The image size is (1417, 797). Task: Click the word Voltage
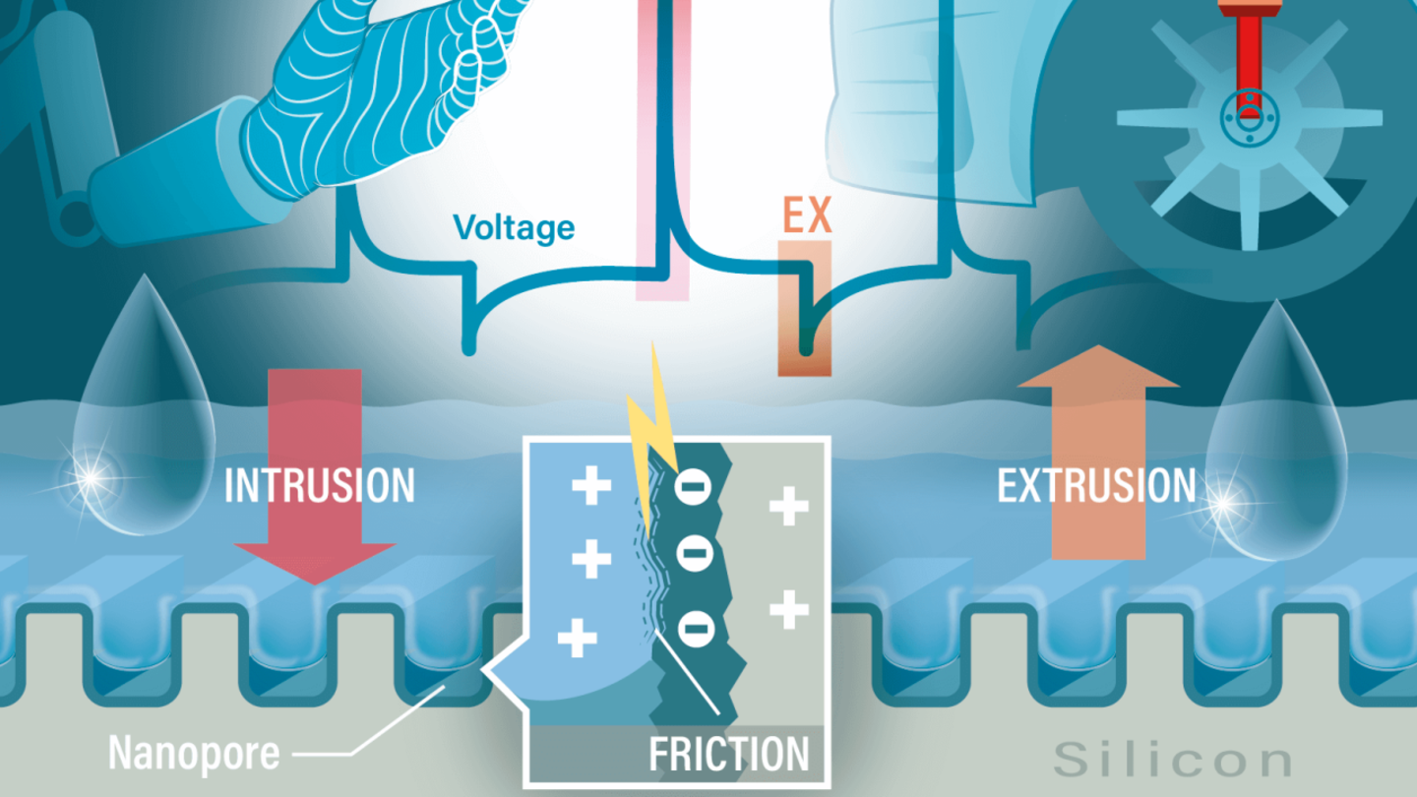click(x=514, y=227)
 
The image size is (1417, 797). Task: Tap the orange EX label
click(x=807, y=216)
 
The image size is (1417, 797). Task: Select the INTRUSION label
click(x=320, y=486)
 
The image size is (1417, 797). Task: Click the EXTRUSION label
click(x=1096, y=486)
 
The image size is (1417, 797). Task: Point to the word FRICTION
click(x=728, y=755)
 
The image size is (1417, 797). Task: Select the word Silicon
click(x=1172, y=760)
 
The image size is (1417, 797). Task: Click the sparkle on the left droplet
click(x=92, y=477)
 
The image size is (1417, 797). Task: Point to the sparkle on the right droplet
click(x=1225, y=503)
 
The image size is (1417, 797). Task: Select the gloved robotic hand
click(x=384, y=89)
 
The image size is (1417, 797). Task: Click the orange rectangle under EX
click(x=805, y=307)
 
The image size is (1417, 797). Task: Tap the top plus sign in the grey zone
click(x=788, y=507)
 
